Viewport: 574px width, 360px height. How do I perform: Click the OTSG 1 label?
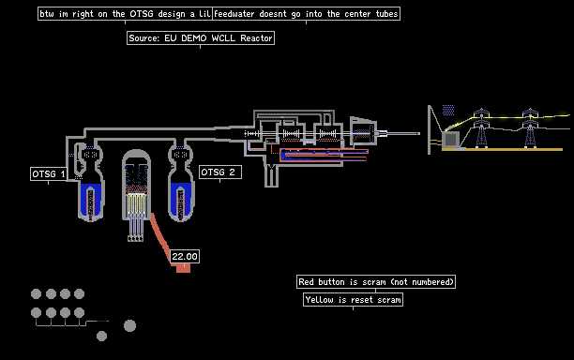[49, 173]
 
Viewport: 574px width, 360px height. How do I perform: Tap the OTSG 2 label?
[220, 172]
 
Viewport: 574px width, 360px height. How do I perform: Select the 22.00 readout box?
[185, 256]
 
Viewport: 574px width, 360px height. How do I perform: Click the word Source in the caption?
[143, 38]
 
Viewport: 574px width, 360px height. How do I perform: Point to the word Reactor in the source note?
[256, 38]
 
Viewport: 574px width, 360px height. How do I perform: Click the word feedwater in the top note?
[234, 14]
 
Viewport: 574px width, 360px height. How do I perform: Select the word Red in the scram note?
[306, 282]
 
